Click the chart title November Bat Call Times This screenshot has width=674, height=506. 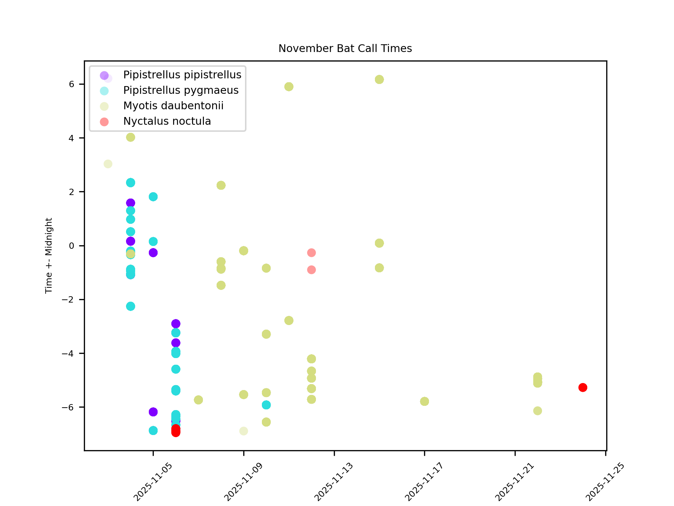[345, 48]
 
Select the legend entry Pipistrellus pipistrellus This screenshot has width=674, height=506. [182, 75]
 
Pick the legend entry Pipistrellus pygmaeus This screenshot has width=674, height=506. [181, 90]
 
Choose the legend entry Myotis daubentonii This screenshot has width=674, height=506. [173, 106]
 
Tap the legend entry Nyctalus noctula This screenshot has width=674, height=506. [167, 121]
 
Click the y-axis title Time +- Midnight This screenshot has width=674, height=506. [49, 255]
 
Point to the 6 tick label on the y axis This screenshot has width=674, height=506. [72, 84]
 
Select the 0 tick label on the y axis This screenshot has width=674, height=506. [72, 246]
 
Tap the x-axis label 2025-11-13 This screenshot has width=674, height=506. [333, 482]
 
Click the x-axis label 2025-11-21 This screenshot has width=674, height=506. [514, 482]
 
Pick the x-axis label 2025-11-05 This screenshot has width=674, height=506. [153, 482]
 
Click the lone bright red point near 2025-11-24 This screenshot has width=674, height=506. [583, 388]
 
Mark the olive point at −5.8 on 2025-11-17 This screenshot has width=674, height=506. [424, 401]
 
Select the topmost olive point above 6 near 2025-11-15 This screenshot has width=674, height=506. [379, 80]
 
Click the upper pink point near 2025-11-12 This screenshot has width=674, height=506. [311, 253]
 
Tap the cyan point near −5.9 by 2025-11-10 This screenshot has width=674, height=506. [266, 405]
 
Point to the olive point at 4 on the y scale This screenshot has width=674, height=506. [131, 137]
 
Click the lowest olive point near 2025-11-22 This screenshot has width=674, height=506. [537, 411]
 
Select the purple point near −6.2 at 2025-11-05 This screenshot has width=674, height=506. [153, 412]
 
